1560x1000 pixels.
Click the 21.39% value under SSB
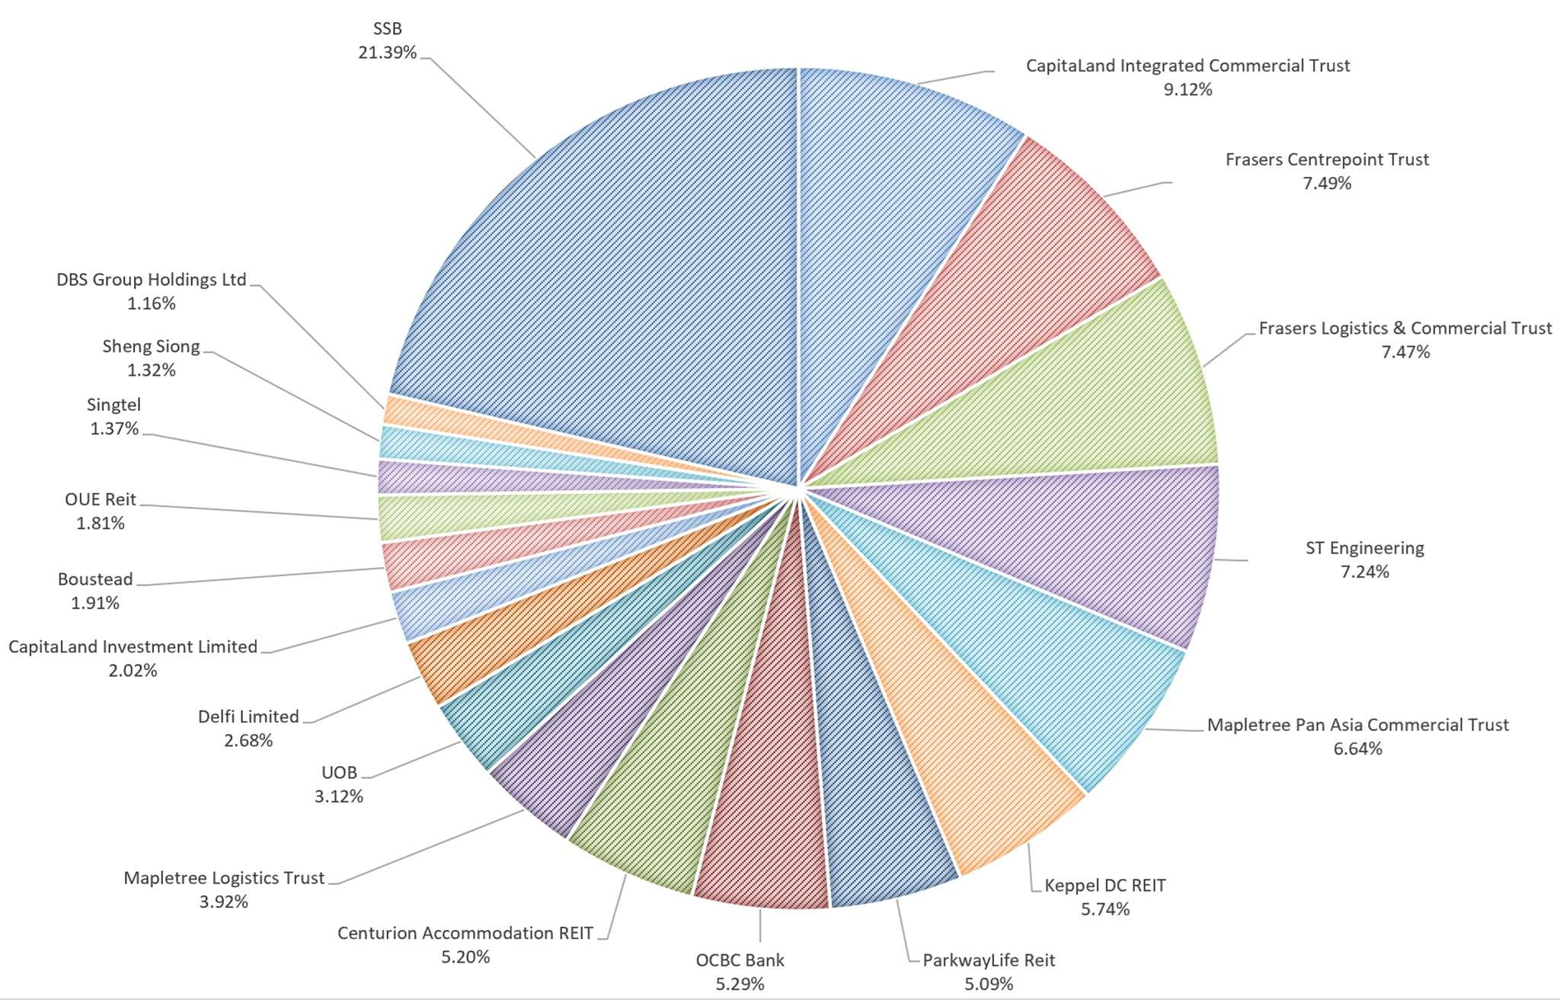(x=387, y=53)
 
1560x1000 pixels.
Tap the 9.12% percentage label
(x=1188, y=90)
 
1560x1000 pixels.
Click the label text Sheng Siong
(x=151, y=347)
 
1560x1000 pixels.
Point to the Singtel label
(x=113, y=405)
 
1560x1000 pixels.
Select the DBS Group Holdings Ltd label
(x=152, y=280)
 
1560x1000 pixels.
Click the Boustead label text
(x=95, y=579)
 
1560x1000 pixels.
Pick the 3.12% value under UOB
(x=339, y=796)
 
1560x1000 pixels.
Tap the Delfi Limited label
(x=248, y=716)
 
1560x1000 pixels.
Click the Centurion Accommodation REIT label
(x=465, y=933)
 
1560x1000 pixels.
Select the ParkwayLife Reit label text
(x=989, y=960)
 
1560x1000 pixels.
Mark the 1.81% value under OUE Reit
(x=100, y=524)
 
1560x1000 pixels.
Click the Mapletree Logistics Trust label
(x=224, y=878)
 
